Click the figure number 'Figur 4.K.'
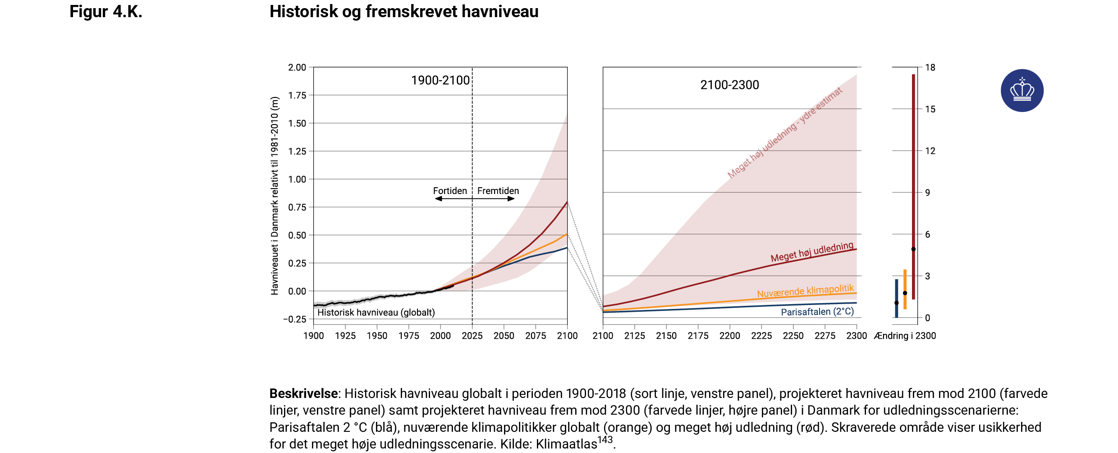pyautogui.click(x=106, y=12)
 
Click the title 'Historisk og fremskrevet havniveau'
pyautogui.click(x=404, y=12)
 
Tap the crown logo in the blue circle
pyautogui.click(x=1022, y=90)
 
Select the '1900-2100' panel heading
pyautogui.click(x=440, y=80)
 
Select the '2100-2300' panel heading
pyautogui.click(x=729, y=85)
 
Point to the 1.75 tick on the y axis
pyautogui.click(x=297, y=95)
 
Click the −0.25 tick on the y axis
pyautogui.click(x=294, y=319)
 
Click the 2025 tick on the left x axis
pyautogui.click(x=472, y=336)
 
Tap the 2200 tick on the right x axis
pyautogui.click(x=729, y=336)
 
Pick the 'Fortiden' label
pyautogui.click(x=450, y=191)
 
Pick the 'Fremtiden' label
pyautogui.click(x=498, y=191)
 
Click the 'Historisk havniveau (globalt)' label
pyautogui.click(x=376, y=312)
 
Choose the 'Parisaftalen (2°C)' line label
pyautogui.click(x=817, y=312)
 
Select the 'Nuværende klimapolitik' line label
pyautogui.click(x=805, y=291)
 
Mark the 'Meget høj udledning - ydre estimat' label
pyautogui.click(x=784, y=133)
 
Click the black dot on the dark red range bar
pyautogui.click(x=913, y=249)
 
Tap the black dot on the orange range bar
pyautogui.click(x=905, y=293)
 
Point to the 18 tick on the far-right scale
pyautogui.click(x=930, y=68)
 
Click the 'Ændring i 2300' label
pyautogui.click(x=905, y=336)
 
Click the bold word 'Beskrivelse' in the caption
pyautogui.click(x=303, y=393)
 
